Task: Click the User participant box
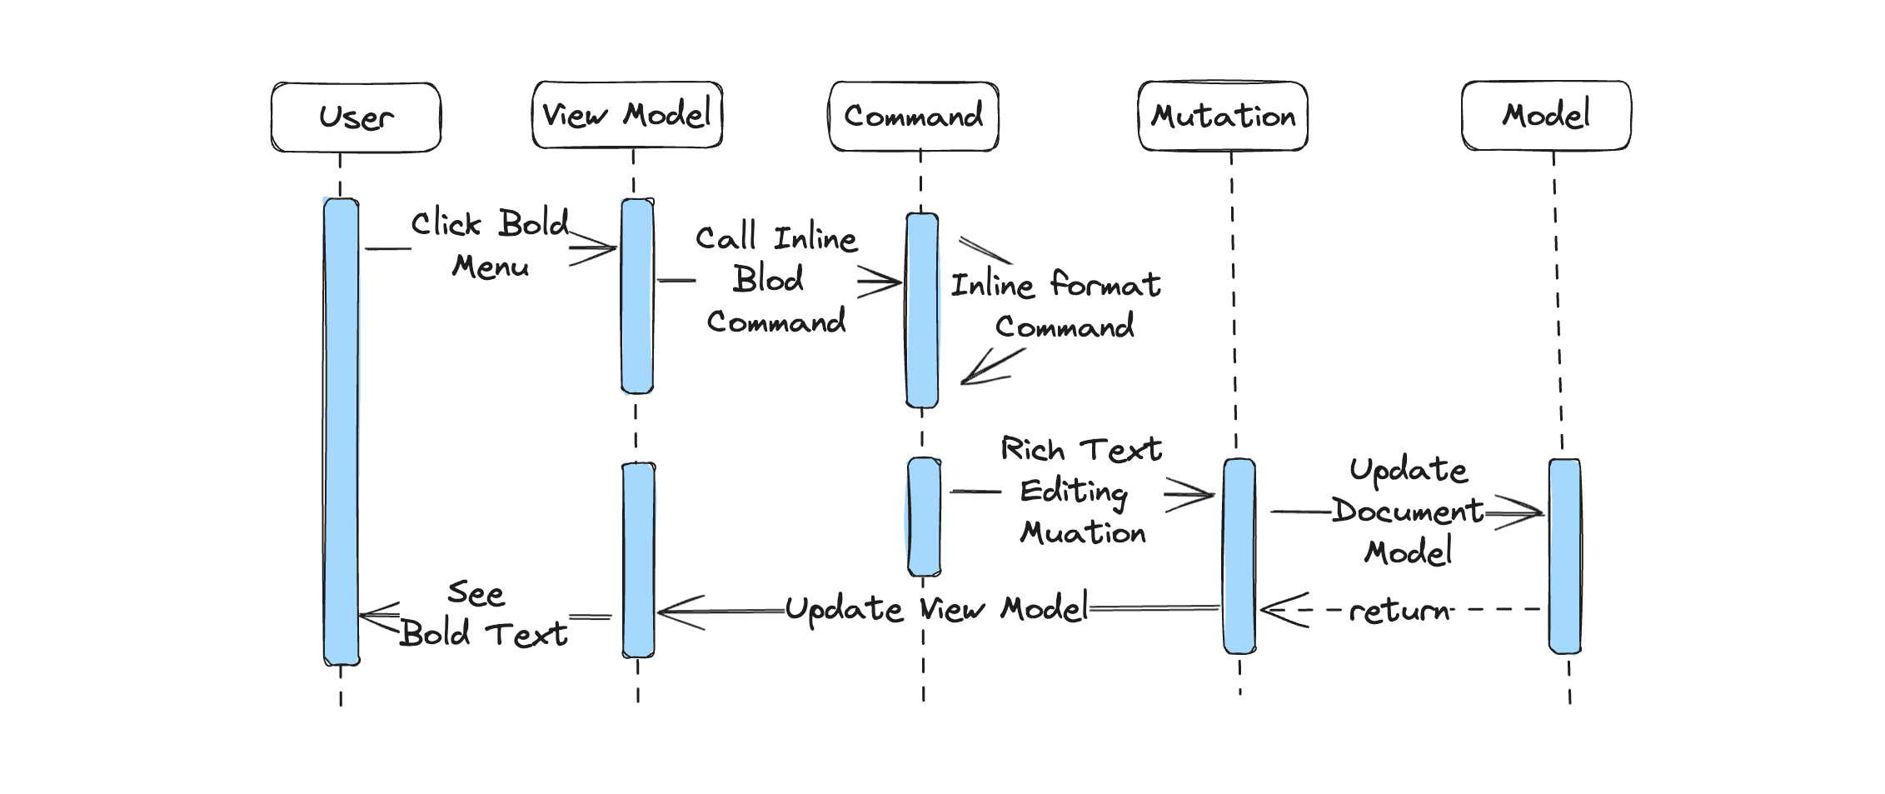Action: coord(356,117)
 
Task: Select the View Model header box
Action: coord(627,115)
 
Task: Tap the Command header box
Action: coord(914,117)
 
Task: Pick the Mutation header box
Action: coord(1223,117)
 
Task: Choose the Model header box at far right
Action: coord(1546,116)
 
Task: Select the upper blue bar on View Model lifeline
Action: coord(637,296)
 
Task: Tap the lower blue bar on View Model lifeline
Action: coord(639,560)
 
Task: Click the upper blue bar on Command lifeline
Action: coord(922,310)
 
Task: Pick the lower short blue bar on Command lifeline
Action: coord(924,517)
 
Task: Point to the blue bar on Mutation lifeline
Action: coord(1239,556)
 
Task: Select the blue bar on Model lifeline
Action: coord(1564,556)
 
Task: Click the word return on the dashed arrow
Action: coord(1399,611)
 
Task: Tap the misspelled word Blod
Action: coord(768,279)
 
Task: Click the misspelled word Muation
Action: coord(1083,532)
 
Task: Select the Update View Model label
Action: coord(936,610)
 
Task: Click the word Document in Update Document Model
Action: coord(1407,511)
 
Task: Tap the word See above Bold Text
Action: coord(476,593)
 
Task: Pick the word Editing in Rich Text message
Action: coord(1074,491)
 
